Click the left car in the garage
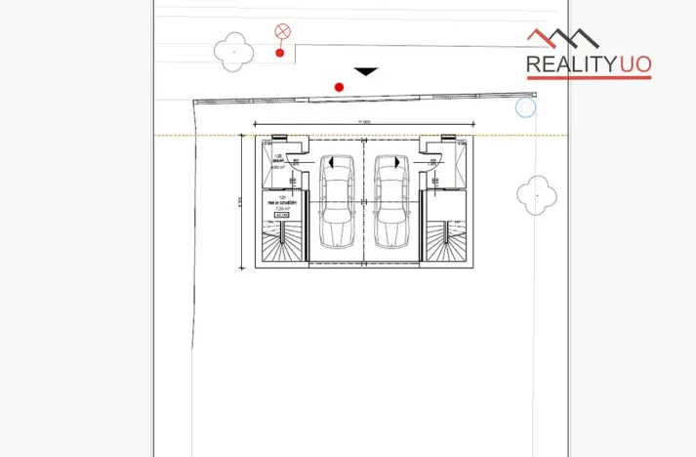(337, 203)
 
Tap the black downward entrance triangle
(365, 71)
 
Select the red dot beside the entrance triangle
(339, 87)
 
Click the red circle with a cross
(283, 31)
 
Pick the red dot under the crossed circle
(280, 53)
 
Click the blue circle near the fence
(525, 107)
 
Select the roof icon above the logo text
(563, 39)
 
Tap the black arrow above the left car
(332, 162)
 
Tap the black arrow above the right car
(395, 162)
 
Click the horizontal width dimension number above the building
(364, 121)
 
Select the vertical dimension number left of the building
(239, 202)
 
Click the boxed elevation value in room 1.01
(283, 216)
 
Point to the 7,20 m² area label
(283, 209)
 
